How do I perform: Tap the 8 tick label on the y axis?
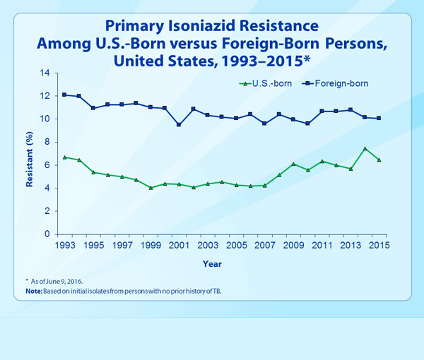[47, 142]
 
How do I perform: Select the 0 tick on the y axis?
[47, 234]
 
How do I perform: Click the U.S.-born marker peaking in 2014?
[364, 149]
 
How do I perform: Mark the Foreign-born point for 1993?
[64, 95]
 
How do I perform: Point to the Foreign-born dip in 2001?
[179, 125]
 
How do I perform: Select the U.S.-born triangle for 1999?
[150, 188]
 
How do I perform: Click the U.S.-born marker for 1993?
[64, 157]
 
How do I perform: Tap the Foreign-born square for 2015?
[378, 118]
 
